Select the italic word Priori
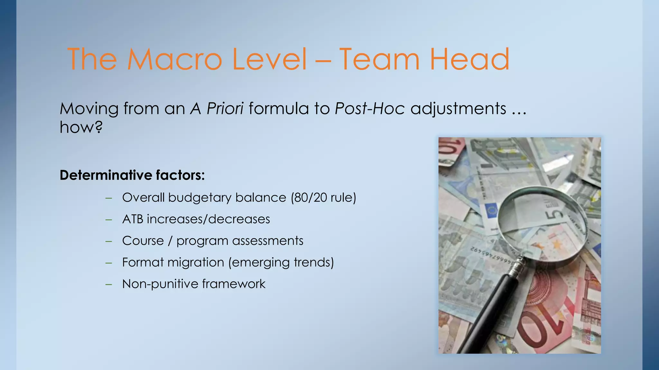[x=225, y=108]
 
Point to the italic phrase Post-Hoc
[x=369, y=108]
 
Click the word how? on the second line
[x=81, y=127]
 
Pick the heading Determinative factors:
[x=132, y=175]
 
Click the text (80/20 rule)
[x=323, y=198]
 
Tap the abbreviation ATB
[x=133, y=219]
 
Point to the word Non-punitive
[x=160, y=284]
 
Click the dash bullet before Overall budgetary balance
[x=109, y=198]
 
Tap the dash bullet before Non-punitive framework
[x=109, y=284]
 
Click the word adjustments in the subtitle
[x=458, y=108]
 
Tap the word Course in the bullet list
[x=143, y=241]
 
